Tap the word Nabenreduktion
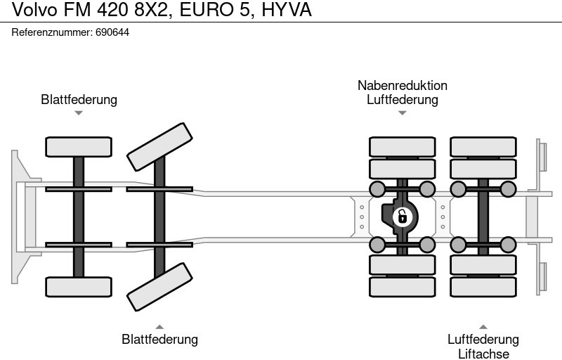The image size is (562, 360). click(402, 85)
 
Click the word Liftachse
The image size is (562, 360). click(483, 354)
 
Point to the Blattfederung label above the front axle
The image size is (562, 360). click(79, 99)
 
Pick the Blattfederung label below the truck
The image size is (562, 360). click(159, 339)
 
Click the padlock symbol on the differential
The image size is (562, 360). click(402, 216)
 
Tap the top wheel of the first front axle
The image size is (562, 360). click(79, 146)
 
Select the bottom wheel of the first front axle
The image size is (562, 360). click(79, 286)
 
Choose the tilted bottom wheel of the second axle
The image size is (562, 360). click(159, 286)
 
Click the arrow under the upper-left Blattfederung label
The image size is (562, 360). click(79, 112)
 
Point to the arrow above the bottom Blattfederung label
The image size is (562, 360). click(159, 326)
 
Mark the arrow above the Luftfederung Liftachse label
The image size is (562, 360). click(483, 326)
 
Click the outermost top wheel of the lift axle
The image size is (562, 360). click(483, 146)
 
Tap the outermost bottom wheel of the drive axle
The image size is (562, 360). click(402, 287)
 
